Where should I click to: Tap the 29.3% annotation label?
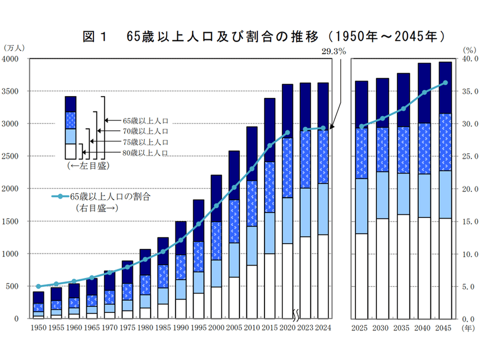pyautogui.click(x=334, y=51)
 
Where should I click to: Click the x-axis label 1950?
pyautogui.click(x=38, y=328)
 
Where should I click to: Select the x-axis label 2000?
pyautogui.click(x=216, y=328)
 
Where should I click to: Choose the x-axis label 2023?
pyautogui.click(x=305, y=328)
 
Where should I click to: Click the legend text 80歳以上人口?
pyautogui.click(x=146, y=153)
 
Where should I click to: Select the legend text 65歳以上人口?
pyautogui.click(x=146, y=121)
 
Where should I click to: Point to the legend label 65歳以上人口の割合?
pyautogui.click(x=110, y=196)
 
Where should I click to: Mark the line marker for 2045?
pyautogui.click(x=446, y=82)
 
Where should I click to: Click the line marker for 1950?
pyautogui.click(x=38, y=286)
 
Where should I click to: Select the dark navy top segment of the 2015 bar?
pyautogui.click(x=270, y=130)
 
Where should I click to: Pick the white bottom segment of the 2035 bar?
pyautogui.click(x=403, y=266)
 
